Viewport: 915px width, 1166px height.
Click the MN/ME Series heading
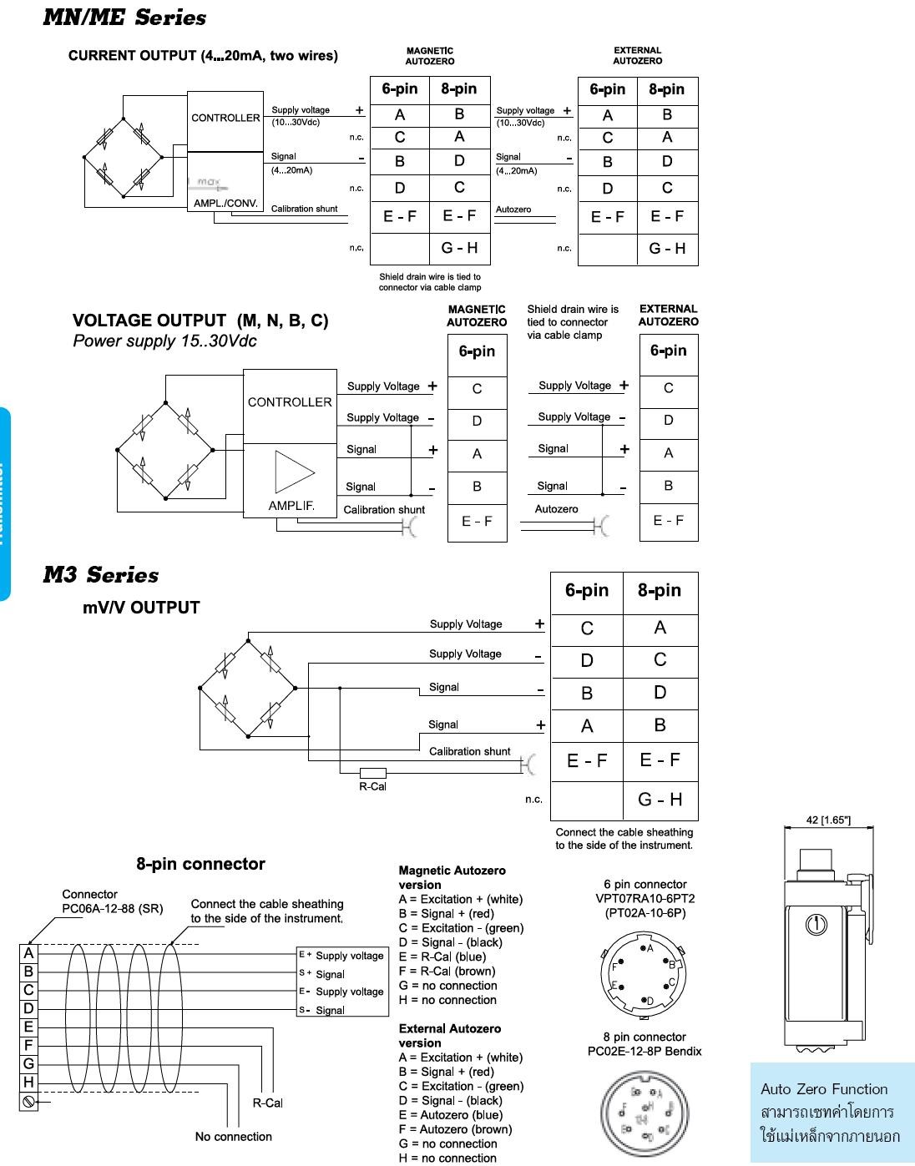pyautogui.click(x=124, y=18)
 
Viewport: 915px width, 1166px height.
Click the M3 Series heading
pyautogui.click(x=100, y=575)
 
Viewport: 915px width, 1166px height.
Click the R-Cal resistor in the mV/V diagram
pyautogui.click(x=372, y=773)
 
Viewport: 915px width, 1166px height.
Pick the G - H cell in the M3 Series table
pyautogui.click(x=660, y=800)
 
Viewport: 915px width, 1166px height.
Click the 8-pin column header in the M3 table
pyautogui.click(x=660, y=591)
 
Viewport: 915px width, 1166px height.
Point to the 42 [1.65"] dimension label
pyautogui.click(x=828, y=820)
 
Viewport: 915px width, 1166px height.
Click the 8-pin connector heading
pyautogui.click(x=200, y=864)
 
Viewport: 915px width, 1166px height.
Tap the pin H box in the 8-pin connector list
pyautogui.click(x=28, y=1083)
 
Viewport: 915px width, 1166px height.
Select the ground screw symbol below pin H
pyautogui.click(x=28, y=1102)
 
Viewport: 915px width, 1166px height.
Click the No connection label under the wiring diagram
pyautogui.click(x=234, y=1137)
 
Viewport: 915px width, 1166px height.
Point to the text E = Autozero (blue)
pyautogui.click(x=451, y=1115)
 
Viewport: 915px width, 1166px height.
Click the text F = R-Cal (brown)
pyautogui.click(x=447, y=972)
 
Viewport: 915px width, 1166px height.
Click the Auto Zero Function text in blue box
pyautogui.click(x=824, y=1089)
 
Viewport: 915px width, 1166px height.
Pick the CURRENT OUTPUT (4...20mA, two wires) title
pyautogui.click(x=203, y=56)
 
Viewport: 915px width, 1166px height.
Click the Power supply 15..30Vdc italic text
pyautogui.click(x=164, y=341)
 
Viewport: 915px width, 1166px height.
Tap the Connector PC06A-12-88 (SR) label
pyautogui.click(x=112, y=901)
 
